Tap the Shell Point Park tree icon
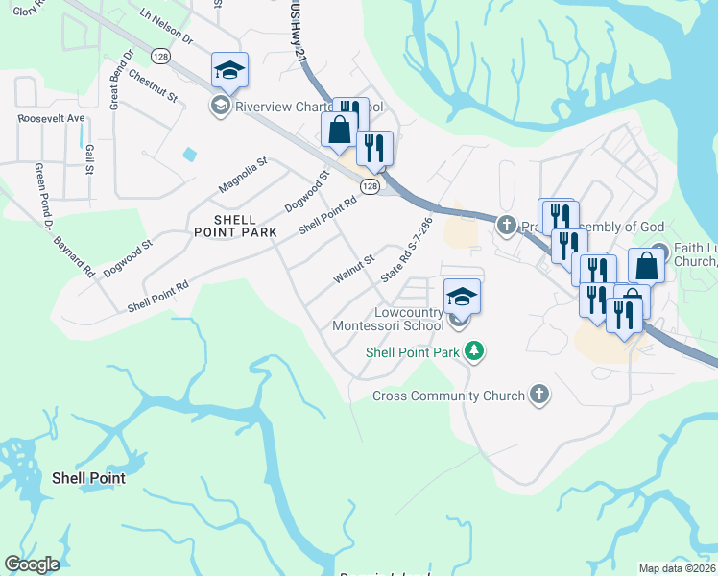(x=472, y=352)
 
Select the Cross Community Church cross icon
(x=539, y=395)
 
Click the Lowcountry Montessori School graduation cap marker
(x=462, y=298)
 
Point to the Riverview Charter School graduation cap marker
(x=229, y=71)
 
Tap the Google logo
(x=32, y=564)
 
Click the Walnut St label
(x=353, y=269)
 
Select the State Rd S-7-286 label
(x=407, y=249)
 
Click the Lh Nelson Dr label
(x=166, y=28)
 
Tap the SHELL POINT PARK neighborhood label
(x=232, y=226)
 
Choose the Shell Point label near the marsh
(x=88, y=477)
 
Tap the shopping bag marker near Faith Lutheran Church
(x=646, y=266)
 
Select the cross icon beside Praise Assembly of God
(x=507, y=226)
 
